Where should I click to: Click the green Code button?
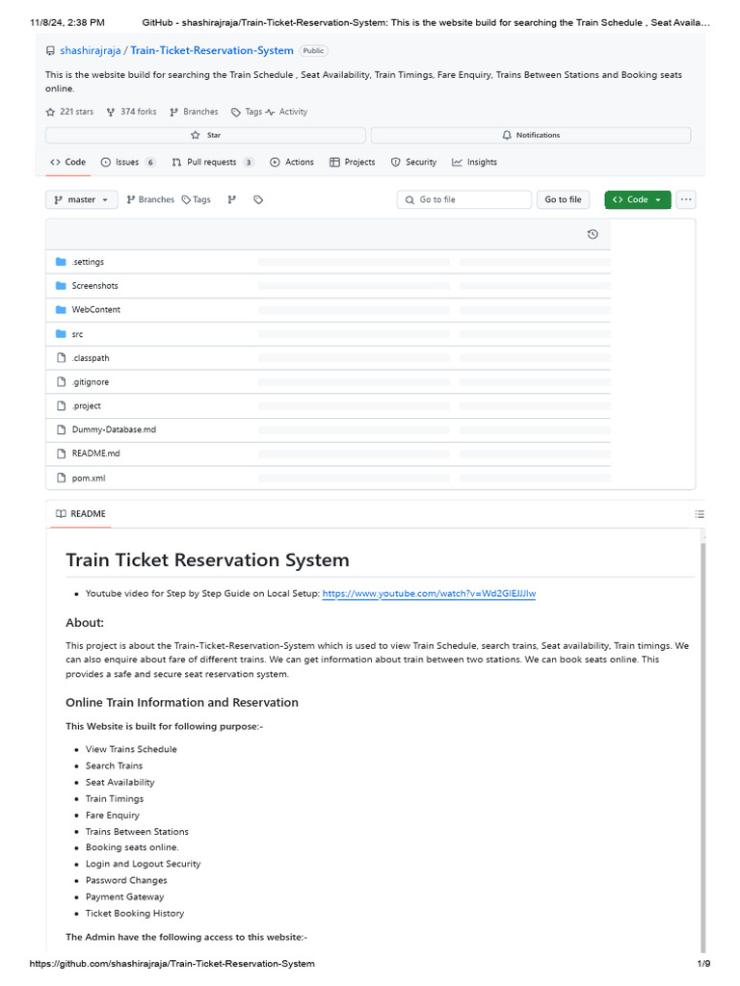(x=637, y=199)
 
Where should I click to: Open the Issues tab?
(x=127, y=162)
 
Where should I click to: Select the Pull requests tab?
(x=211, y=162)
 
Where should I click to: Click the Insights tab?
(x=481, y=162)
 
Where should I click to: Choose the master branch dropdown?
(x=82, y=199)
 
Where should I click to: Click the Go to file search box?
(x=463, y=199)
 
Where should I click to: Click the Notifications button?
(x=531, y=135)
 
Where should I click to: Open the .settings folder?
(x=88, y=262)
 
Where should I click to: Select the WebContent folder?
(x=95, y=310)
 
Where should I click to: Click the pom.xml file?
(x=88, y=478)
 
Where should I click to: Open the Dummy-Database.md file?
(x=113, y=429)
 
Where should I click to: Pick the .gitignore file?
(x=90, y=382)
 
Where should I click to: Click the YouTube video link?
(x=429, y=594)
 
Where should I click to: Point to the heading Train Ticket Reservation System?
(x=207, y=559)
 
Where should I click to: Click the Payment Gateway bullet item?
(x=124, y=896)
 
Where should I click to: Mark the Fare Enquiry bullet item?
(x=112, y=815)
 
